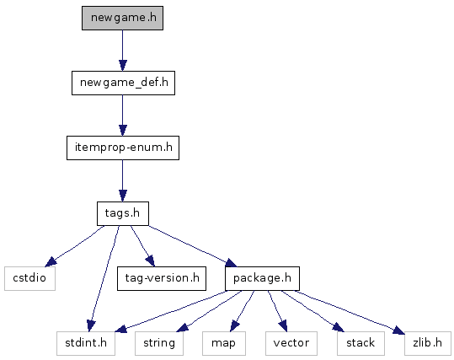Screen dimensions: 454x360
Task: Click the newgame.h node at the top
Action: [122, 18]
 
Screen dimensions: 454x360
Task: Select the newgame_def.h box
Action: [123, 83]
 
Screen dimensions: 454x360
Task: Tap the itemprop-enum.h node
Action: [123, 148]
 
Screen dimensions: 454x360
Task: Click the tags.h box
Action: [123, 213]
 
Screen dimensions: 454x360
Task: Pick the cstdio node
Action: [29, 278]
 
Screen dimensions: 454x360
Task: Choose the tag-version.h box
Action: [162, 278]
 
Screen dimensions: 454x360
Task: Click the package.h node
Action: [262, 278]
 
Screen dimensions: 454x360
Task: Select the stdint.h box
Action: [86, 343]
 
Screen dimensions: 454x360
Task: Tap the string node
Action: [159, 343]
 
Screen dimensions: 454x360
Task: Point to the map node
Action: [224, 343]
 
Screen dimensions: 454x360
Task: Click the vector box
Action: [291, 343]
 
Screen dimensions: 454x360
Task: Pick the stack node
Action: [361, 343]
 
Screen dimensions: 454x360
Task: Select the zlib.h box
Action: [428, 343]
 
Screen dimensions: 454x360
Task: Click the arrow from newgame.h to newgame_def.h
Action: [122, 51]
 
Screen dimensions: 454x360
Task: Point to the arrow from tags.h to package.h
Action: [193, 246]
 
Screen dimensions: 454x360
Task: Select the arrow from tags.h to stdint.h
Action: [104, 278]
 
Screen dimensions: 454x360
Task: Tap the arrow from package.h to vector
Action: [277, 311]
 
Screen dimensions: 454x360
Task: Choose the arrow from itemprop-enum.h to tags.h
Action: [122, 180]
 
